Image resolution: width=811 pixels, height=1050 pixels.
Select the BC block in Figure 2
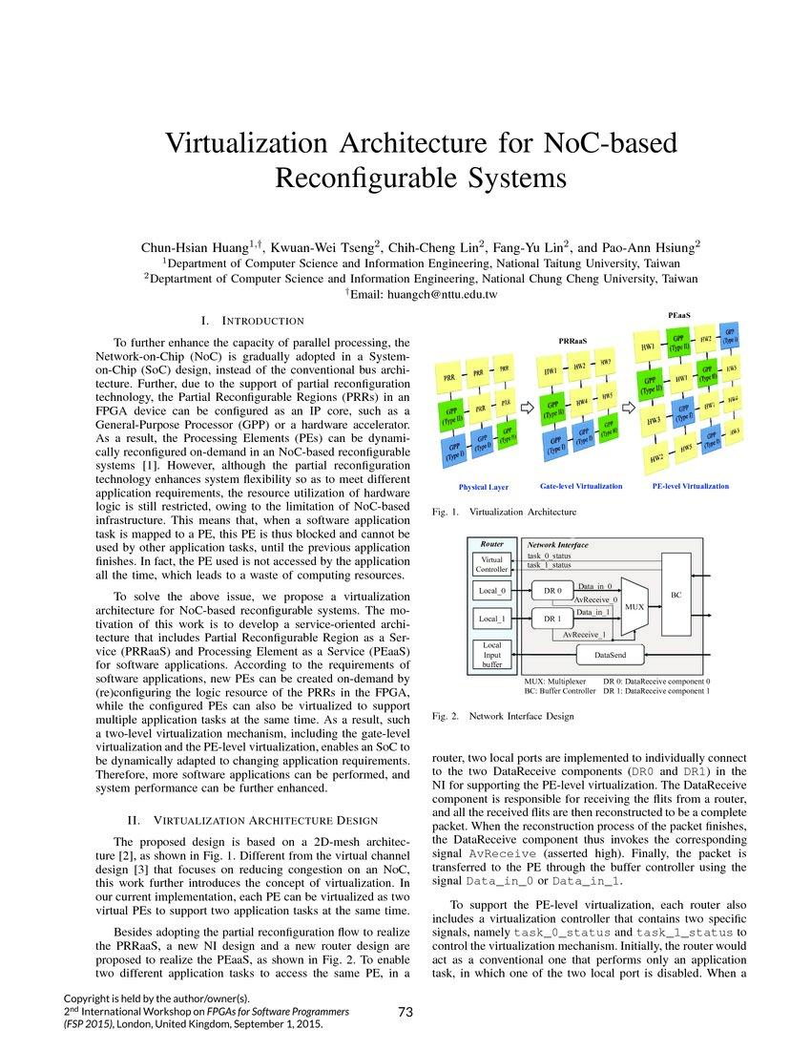[x=676, y=595]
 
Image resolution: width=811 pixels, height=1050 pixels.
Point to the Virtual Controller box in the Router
[x=492, y=565]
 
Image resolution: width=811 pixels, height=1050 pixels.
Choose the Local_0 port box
[x=492, y=591]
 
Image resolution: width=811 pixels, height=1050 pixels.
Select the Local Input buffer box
[x=492, y=655]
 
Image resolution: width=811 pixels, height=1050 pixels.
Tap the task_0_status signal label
[x=550, y=555]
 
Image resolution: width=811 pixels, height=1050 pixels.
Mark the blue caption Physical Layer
[x=484, y=487]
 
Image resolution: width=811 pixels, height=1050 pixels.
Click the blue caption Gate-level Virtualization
[x=581, y=486]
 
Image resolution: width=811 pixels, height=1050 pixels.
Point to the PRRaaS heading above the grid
[x=572, y=339]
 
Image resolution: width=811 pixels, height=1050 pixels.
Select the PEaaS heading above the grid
[x=679, y=313]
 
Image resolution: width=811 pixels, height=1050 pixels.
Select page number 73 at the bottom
[x=405, y=1012]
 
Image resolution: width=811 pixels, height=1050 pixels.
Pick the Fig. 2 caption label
[x=447, y=715]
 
